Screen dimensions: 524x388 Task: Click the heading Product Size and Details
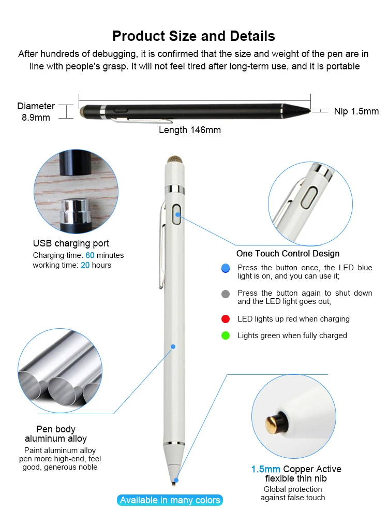click(193, 36)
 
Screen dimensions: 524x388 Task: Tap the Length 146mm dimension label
click(189, 130)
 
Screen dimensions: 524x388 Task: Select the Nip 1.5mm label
click(356, 111)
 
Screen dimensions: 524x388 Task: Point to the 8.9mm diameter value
click(36, 118)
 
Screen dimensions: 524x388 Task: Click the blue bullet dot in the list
click(225, 268)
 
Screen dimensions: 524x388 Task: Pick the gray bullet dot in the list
click(225, 294)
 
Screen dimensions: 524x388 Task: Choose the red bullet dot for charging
click(225, 319)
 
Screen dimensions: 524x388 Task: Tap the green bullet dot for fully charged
click(225, 336)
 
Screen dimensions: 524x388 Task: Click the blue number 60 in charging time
click(90, 255)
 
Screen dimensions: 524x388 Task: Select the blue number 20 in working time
click(85, 265)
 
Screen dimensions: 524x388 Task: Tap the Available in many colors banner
click(170, 500)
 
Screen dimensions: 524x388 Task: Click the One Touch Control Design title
click(288, 254)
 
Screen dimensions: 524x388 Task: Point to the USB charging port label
click(71, 243)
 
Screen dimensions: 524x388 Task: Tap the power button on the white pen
click(177, 213)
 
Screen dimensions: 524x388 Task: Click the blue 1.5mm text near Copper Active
click(266, 469)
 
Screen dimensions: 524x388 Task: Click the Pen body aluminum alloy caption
click(56, 434)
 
